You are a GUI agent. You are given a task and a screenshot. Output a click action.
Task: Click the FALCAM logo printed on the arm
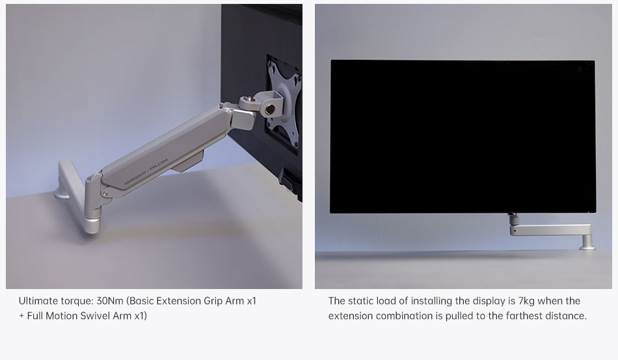(x=159, y=165)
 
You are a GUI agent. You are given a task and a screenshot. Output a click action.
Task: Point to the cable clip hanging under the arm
(x=189, y=161)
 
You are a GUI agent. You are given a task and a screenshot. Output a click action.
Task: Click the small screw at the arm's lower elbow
(x=105, y=193)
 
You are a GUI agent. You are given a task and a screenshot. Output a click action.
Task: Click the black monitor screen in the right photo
(x=463, y=137)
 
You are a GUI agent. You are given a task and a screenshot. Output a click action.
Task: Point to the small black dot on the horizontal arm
(x=515, y=230)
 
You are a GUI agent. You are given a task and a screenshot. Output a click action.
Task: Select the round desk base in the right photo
(x=587, y=247)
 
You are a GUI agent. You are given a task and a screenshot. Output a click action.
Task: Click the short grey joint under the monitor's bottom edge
(x=513, y=218)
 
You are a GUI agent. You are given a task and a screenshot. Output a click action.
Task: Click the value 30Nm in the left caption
(x=110, y=301)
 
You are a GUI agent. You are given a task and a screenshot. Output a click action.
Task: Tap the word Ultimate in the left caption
(x=38, y=301)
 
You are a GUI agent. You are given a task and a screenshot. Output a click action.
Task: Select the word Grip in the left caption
(x=213, y=301)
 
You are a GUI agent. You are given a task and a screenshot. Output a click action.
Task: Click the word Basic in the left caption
(x=142, y=301)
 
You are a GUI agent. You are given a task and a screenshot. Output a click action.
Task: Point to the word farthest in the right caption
(x=523, y=316)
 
